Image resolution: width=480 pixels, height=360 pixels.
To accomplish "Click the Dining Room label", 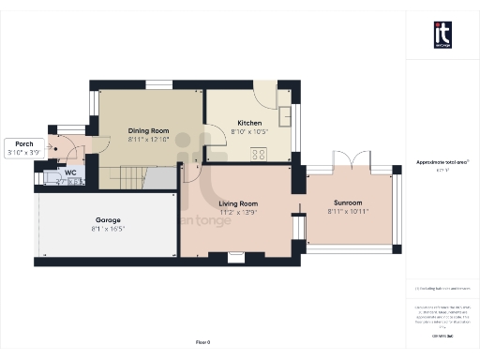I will [x=147, y=132].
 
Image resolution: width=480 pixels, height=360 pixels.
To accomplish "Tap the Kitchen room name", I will [x=249, y=123].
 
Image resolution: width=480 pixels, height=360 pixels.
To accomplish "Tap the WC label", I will [x=70, y=172].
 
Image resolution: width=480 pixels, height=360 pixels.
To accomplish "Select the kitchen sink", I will [x=286, y=117].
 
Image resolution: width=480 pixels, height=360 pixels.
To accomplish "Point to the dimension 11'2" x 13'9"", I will [x=239, y=213].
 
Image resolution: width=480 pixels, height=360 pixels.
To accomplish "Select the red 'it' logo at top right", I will [x=442, y=35].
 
